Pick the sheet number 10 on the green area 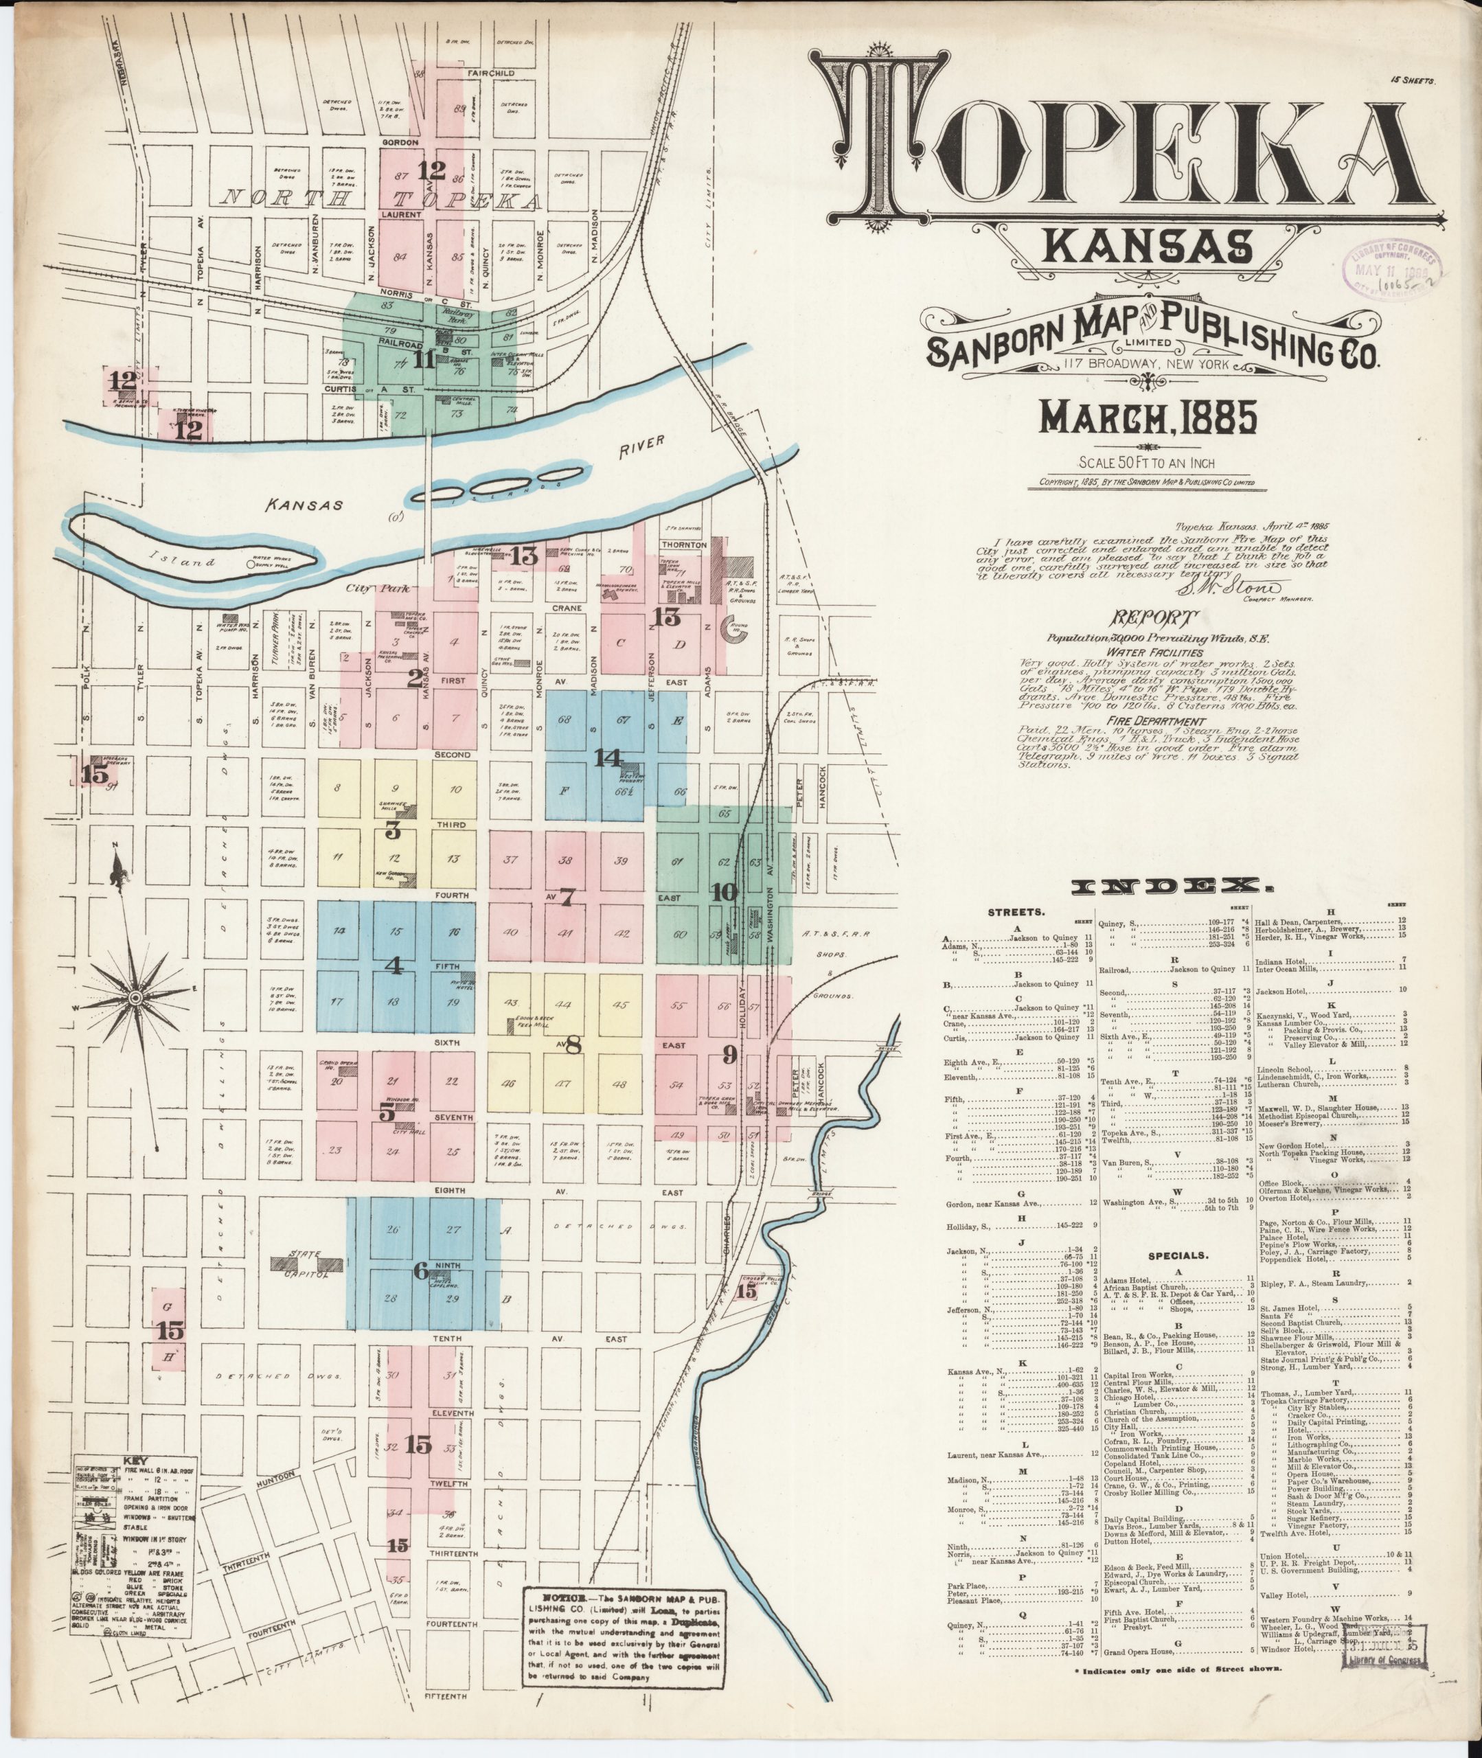click(x=722, y=893)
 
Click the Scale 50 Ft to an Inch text click(x=1148, y=463)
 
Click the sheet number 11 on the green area click(x=424, y=361)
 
